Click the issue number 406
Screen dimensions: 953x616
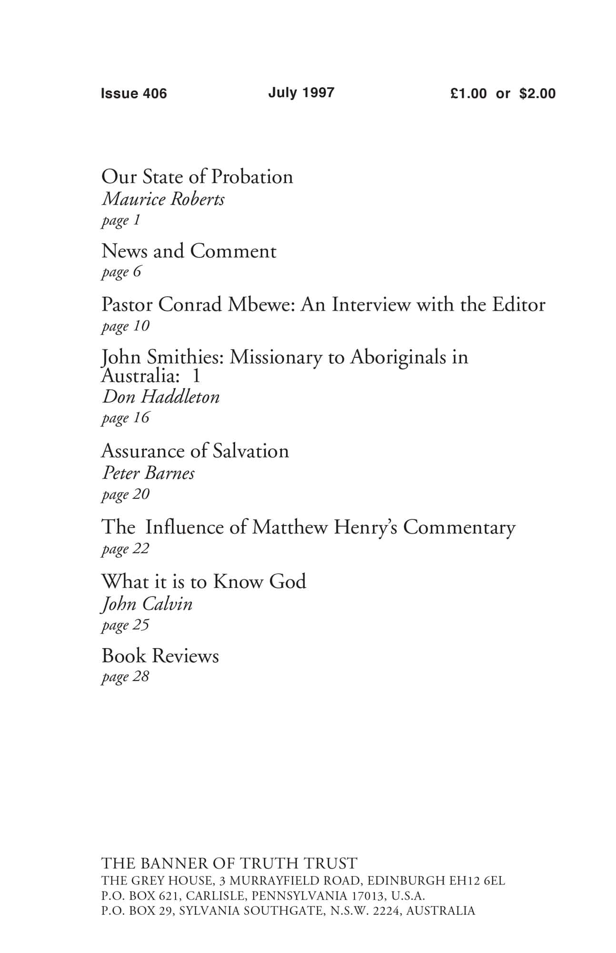(155, 93)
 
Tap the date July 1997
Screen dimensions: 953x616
(301, 92)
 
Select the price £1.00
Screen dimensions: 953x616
(468, 93)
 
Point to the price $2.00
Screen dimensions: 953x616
(537, 93)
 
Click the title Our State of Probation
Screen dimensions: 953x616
(197, 177)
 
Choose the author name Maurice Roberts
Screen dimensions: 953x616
(163, 199)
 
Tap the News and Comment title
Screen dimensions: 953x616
(189, 251)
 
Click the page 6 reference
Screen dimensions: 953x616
(121, 273)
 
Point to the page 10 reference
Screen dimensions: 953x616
(125, 326)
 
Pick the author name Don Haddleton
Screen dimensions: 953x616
(161, 397)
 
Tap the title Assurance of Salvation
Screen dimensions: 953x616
(195, 451)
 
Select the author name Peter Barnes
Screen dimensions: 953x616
(148, 473)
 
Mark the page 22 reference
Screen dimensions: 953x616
(125, 549)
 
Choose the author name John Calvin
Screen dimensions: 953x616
(147, 604)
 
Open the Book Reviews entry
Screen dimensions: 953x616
(160, 656)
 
